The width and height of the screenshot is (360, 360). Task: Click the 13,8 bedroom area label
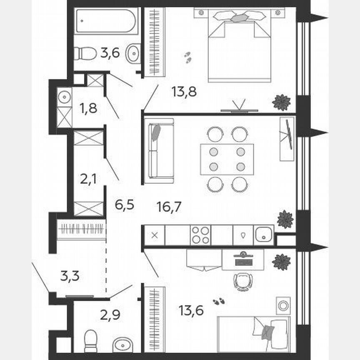point(184,91)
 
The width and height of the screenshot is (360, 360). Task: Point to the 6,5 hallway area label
point(124,205)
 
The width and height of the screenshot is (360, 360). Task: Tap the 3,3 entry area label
point(70,276)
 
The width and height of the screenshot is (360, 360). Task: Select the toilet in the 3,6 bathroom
point(85,53)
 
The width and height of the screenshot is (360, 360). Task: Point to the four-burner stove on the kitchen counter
point(200,235)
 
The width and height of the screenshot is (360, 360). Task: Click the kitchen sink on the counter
point(263,235)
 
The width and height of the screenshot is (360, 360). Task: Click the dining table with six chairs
point(227,159)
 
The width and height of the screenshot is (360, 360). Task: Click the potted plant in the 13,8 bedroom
point(281,102)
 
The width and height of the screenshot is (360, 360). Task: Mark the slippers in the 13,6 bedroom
point(218,302)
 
